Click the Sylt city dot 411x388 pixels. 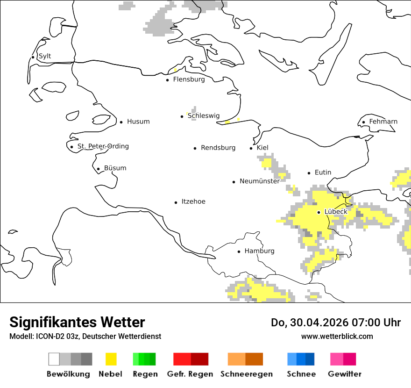(x=33, y=57)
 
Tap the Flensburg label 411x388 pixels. (x=189, y=79)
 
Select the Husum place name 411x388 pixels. (x=138, y=122)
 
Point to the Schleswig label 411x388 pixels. (x=204, y=116)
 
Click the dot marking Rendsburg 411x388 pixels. (x=195, y=148)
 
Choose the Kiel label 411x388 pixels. (x=262, y=148)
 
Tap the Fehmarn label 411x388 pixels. (x=383, y=122)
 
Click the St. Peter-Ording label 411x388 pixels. (x=103, y=146)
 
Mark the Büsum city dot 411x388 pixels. (x=98, y=169)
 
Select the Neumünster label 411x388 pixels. (x=260, y=181)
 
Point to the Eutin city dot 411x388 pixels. (x=309, y=173)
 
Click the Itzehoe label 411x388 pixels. (x=193, y=202)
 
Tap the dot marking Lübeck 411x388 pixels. (x=319, y=212)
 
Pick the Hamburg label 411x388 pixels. (x=259, y=251)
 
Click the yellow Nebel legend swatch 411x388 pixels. (x=111, y=359)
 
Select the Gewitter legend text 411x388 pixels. (x=345, y=374)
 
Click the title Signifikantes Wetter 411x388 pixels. (x=77, y=323)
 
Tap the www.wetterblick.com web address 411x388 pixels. (x=337, y=337)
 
